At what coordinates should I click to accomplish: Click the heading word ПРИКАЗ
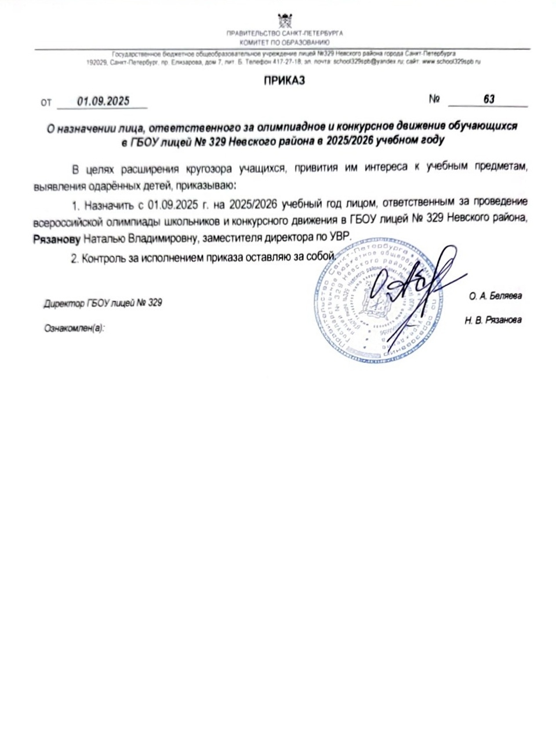coord(284,81)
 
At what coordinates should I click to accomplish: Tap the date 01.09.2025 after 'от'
coord(103,101)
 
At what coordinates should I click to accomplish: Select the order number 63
coord(489,99)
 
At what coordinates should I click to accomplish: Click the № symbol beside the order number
coord(434,99)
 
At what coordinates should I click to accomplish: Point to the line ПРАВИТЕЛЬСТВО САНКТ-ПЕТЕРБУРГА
coord(285,34)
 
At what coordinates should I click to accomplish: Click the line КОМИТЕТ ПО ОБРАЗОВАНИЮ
coord(285,42)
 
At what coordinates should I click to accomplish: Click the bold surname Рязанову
coord(56,239)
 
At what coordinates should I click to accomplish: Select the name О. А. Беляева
coord(495,296)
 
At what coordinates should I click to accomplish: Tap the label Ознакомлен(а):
coord(74,329)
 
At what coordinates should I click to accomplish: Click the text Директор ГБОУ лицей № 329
coord(103,303)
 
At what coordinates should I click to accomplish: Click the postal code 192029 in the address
coord(96,61)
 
